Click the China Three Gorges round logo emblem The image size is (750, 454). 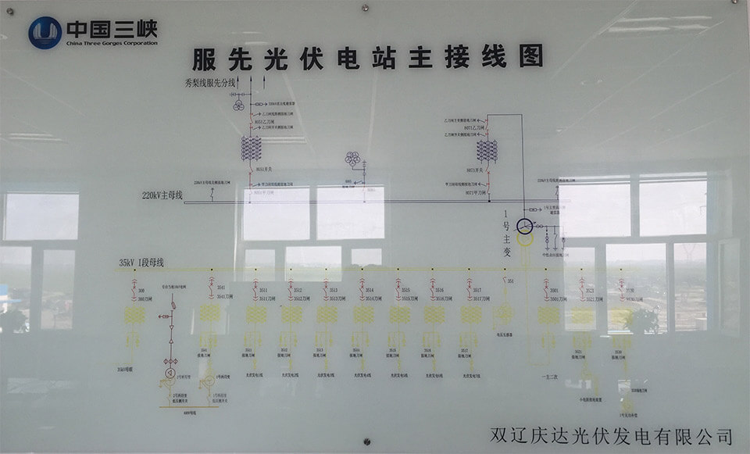(45, 33)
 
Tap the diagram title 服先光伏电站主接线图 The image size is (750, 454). (367, 57)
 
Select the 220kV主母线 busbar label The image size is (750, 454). (162, 195)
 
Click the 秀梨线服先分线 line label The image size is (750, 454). (210, 82)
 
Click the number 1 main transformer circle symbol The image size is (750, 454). (523, 227)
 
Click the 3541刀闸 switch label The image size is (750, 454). (225, 297)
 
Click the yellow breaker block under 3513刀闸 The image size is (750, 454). (327, 314)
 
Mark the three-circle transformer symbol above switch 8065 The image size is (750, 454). (352, 159)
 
